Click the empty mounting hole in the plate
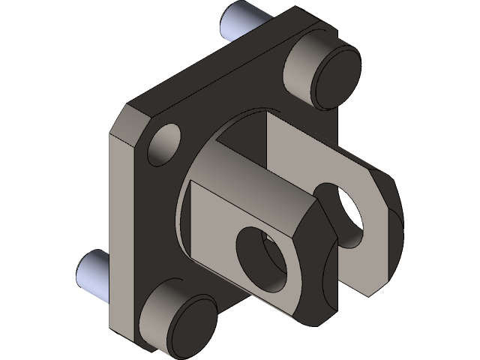click(165, 145)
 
